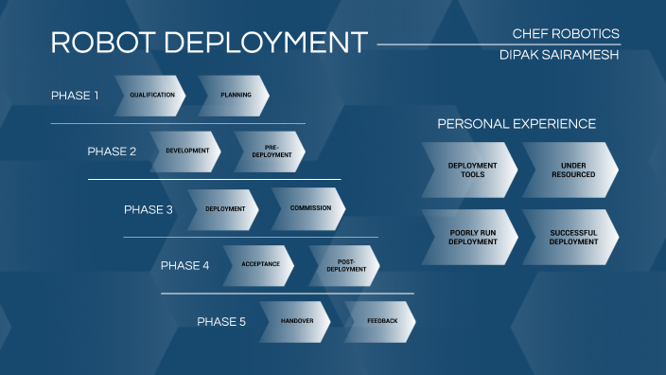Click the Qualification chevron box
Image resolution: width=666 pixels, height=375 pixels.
(x=151, y=96)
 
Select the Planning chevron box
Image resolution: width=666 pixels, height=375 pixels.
(x=235, y=96)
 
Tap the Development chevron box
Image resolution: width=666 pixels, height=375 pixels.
(x=186, y=152)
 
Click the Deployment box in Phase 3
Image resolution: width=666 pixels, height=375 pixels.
(x=224, y=208)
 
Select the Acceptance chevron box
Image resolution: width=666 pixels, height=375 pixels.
(x=260, y=265)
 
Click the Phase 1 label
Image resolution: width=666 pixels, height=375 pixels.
(x=75, y=96)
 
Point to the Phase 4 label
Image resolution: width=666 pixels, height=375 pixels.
(x=184, y=265)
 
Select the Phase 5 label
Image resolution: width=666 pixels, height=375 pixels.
(x=220, y=322)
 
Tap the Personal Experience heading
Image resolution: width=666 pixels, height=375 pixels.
(x=516, y=124)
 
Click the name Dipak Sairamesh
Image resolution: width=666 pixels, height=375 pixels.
(x=559, y=55)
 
